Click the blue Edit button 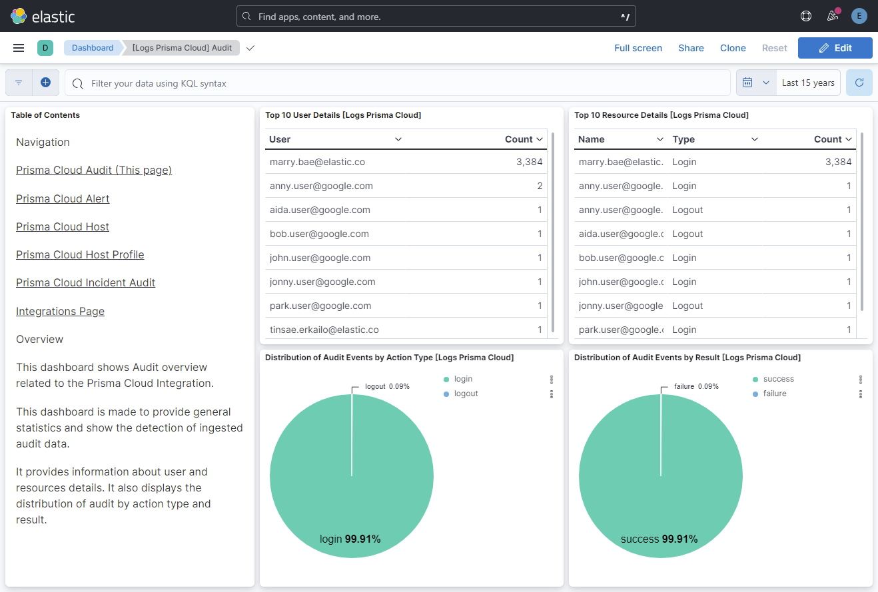pos(835,48)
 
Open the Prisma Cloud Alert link pos(63,198)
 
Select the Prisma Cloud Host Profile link pos(80,254)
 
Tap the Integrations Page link pos(60,311)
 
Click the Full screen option pos(638,48)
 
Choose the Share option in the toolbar pos(691,48)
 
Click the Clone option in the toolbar pos(733,48)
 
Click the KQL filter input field pos(400,83)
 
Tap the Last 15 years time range pos(807,83)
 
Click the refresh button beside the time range pos(859,83)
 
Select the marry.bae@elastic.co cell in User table pos(317,162)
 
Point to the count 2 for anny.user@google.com pos(539,186)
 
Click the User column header pos(280,139)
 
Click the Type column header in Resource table pos(683,139)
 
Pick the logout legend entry pos(466,394)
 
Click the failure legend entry pos(775,394)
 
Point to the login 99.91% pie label pos(350,539)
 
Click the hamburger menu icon pos(19,48)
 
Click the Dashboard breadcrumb pos(93,48)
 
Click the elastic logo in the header pos(43,16)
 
